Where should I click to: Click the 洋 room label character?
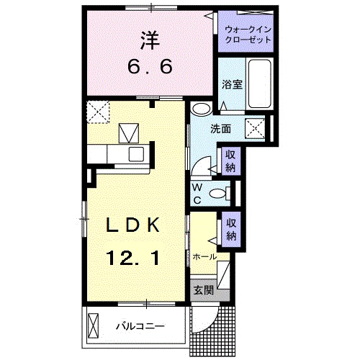[150, 40]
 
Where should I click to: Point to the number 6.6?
[150, 68]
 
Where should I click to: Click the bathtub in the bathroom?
[260, 86]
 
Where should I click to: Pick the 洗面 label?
[220, 130]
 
